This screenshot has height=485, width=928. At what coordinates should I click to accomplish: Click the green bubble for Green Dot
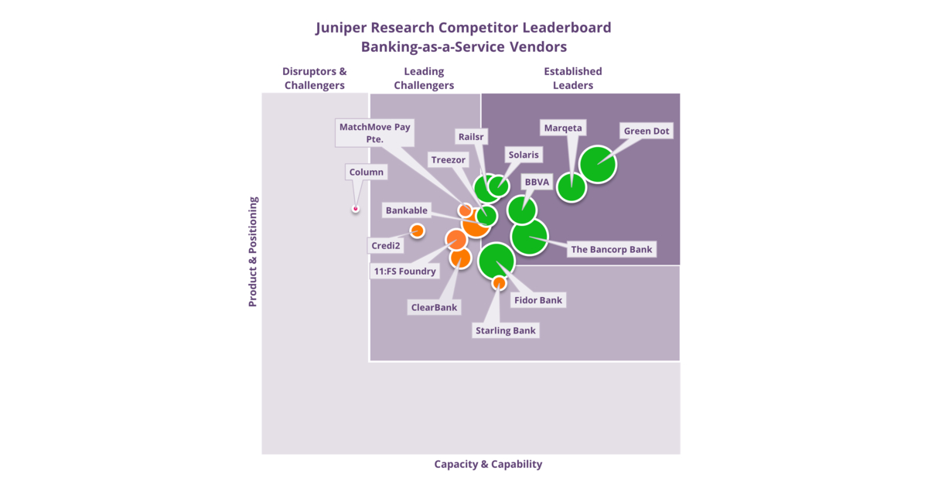click(598, 164)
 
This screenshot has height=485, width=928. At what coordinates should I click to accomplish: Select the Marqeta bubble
click(572, 187)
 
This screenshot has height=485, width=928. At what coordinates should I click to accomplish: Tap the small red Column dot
click(356, 208)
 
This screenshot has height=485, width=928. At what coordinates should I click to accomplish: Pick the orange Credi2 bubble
click(417, 231)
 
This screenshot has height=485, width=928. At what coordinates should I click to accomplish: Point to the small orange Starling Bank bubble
click(499, 283)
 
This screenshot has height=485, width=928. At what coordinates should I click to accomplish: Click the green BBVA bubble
click(522, 210)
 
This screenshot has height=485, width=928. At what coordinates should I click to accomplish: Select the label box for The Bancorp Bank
click(612, 249)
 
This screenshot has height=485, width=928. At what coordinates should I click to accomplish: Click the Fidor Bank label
click(538, 299)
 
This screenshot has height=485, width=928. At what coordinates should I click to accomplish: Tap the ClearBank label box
click(434, 307)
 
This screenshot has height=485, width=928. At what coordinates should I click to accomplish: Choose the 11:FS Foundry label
click(405, 271)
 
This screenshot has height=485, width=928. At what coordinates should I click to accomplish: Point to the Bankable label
click(407, 210)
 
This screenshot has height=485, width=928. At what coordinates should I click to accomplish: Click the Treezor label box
click(449, 160)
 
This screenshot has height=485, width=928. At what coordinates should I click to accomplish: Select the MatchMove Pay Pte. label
click(375, 132)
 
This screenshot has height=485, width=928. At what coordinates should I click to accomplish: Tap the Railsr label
click(471, 135)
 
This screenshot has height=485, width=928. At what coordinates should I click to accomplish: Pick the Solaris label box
click(524, 155)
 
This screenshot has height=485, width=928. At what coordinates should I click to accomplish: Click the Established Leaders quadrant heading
click(572, 78)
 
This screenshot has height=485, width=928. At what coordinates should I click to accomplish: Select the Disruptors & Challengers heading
click(315, 78)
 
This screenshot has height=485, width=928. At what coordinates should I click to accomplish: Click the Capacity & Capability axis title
click(488, 464)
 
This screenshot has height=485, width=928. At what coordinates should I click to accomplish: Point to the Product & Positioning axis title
click(253, 251)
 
